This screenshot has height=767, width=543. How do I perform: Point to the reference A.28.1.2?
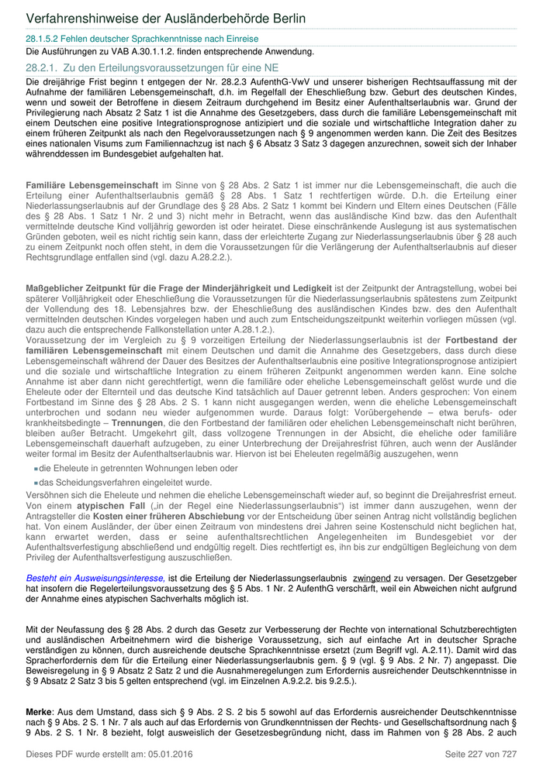point(249,329)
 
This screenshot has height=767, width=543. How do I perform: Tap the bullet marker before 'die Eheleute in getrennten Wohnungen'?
point(36,469)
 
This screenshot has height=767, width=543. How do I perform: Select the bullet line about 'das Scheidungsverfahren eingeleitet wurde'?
point(114,482)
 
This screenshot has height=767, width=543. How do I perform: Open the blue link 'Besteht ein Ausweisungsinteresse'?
point(95,577)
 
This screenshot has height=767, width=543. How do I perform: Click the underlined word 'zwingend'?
point(371,577)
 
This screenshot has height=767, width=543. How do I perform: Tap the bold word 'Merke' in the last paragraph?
point(39,710)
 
